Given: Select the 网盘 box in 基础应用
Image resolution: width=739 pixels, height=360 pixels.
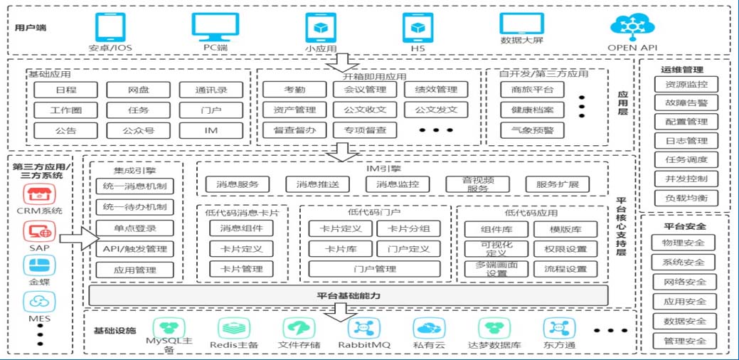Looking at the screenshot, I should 139,90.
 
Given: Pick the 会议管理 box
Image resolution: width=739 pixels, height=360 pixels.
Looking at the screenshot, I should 365,90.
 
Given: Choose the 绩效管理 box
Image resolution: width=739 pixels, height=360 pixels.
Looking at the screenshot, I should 436,90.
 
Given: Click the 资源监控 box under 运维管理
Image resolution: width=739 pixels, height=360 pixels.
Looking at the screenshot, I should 686,85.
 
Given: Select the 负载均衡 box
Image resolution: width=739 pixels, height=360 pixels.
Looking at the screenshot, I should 686,198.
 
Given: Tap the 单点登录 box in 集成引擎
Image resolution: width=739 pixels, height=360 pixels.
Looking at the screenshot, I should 134,228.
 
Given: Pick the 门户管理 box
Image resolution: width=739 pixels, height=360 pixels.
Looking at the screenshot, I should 375,269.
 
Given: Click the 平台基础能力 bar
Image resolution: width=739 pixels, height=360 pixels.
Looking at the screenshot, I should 349,295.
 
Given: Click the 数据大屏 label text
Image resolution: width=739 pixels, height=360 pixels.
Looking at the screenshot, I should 521,41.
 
